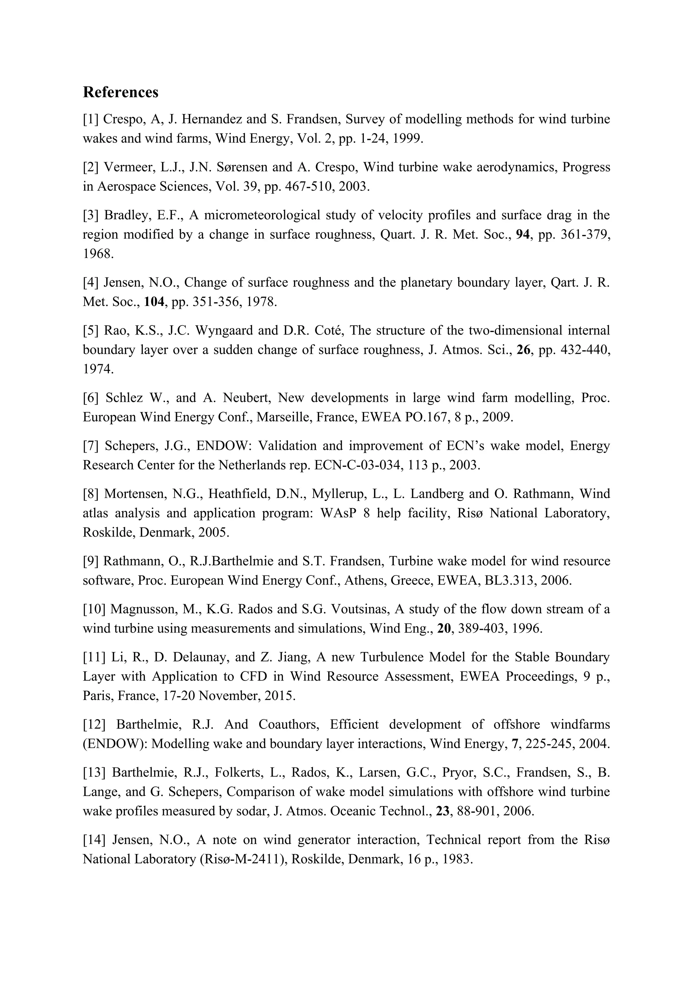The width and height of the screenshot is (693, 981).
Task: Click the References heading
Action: pos(120,92)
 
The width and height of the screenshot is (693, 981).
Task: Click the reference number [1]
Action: pos(91,119)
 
